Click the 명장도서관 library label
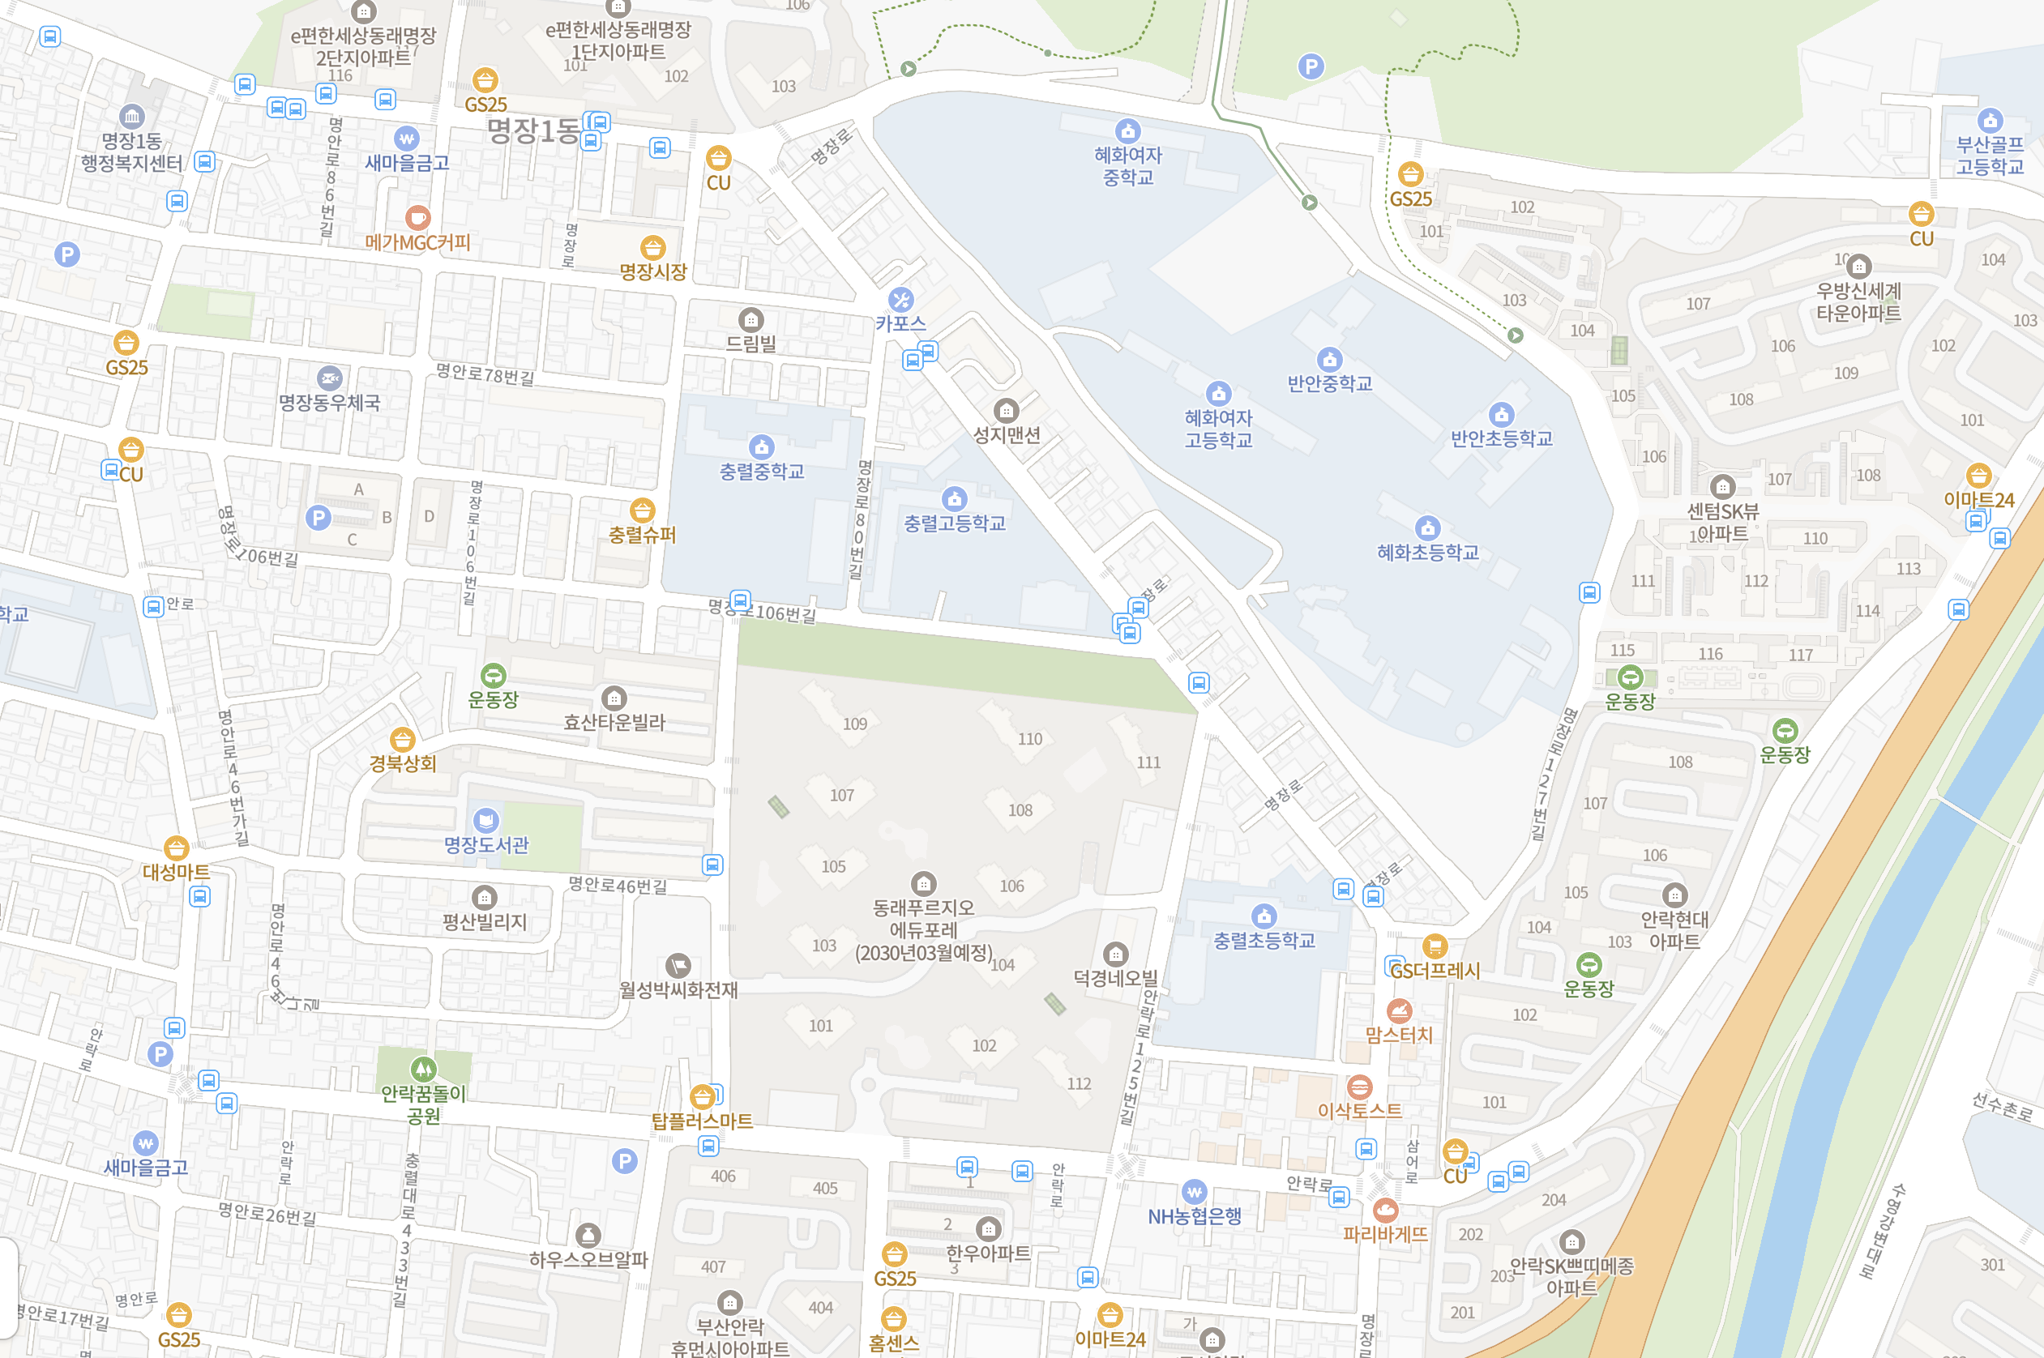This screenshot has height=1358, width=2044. (486, 844)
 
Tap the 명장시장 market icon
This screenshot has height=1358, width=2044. (653, 249)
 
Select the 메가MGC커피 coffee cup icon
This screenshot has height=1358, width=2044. (417, 218)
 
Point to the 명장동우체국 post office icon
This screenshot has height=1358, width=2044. (329, 379)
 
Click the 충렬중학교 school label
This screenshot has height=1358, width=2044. (761, 471)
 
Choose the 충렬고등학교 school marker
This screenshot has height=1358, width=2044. (954, 499)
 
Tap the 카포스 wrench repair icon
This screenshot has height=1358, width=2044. (900, 300)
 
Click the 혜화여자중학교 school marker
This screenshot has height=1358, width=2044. (1127, 130)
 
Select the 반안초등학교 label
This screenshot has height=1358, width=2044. (1501, 438)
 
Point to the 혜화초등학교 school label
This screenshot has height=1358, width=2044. (1427, 552)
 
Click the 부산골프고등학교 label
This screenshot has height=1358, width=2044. (1990, 155)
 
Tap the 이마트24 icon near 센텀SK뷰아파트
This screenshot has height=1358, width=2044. (1978, 476)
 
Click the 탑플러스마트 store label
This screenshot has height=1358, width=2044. (702, 1121)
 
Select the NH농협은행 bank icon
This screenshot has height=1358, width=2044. (1194, 1192)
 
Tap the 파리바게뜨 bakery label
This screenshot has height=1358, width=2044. (1385, 1233)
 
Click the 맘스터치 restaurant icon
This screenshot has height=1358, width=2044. (1399, 1010)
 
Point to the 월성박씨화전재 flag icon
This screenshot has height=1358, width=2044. (678, 966)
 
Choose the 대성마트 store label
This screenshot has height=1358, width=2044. (176, 871)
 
